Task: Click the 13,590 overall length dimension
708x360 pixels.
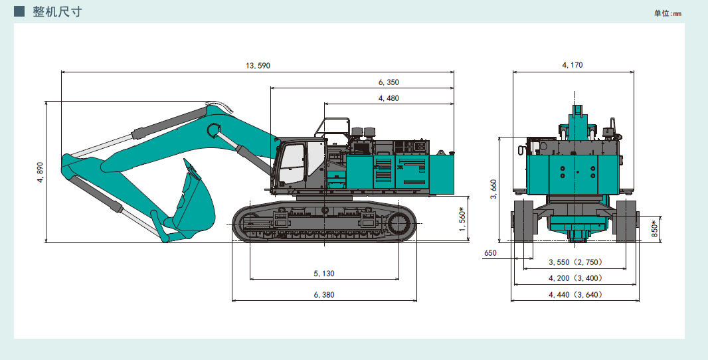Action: click(258, 66)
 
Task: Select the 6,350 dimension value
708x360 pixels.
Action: click(389, 82)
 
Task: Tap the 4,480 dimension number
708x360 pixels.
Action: click(389, 98)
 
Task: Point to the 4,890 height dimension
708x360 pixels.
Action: click(41, 172)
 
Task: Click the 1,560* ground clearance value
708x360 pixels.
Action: click(462, 219)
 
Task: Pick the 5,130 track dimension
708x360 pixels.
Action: click(323, 273)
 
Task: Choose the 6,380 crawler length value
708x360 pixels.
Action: click(323, 295)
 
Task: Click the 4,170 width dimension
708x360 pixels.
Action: click(572, 65)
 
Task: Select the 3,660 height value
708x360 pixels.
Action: click(493, 189)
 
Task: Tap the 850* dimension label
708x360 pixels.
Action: click(655, 228)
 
